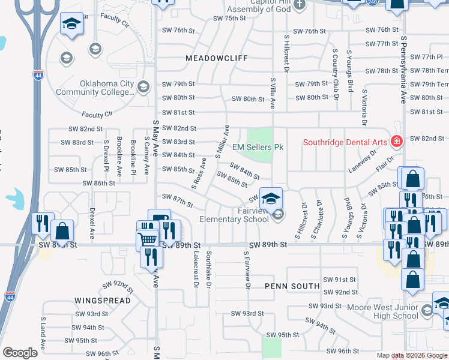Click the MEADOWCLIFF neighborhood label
217,58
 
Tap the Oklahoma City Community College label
95,88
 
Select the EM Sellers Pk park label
258,147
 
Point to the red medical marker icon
396,142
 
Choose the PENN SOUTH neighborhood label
292,286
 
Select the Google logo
20,353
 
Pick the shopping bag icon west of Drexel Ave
62,230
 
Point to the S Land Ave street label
43,334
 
